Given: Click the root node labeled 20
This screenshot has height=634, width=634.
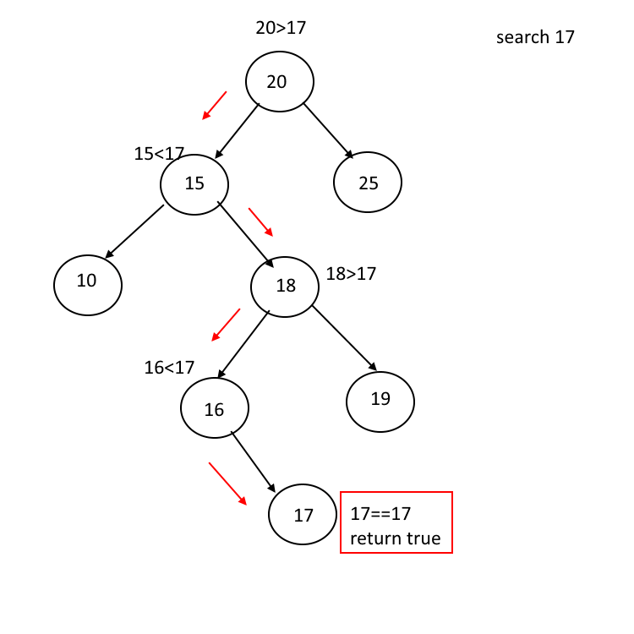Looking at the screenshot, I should click(280, 82).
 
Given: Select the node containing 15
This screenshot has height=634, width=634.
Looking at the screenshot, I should click(194, 183).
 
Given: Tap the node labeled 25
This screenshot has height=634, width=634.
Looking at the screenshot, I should click(368, 182).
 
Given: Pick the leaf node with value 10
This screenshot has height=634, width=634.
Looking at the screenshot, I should click(88, 285).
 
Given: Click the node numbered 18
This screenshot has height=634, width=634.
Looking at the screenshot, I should click(285, 287).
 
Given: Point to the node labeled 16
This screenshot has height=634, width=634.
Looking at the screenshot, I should click(215, 408).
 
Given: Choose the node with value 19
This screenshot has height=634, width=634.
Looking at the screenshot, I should click(380, 402).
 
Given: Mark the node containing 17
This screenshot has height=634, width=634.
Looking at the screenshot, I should click(303, 514).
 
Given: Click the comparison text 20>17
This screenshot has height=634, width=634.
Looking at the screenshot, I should click(281, 28).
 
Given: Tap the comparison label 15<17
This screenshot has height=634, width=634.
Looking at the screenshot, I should click(159, 154).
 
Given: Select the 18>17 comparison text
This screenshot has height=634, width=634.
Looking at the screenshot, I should click(351, 274).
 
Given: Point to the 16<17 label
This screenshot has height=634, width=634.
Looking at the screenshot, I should click(169, 368).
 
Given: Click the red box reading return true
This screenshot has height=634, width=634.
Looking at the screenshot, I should click(396, 522).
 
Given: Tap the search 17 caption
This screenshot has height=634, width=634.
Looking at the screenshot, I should click(535, 37).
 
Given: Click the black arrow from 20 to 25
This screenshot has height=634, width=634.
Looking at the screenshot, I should click(329, 132).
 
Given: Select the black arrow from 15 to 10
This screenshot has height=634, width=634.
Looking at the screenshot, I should click(134, 232).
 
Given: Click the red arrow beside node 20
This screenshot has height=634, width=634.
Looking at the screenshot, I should click(215, 105).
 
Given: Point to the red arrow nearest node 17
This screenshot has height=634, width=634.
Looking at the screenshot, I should click(227, 483).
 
